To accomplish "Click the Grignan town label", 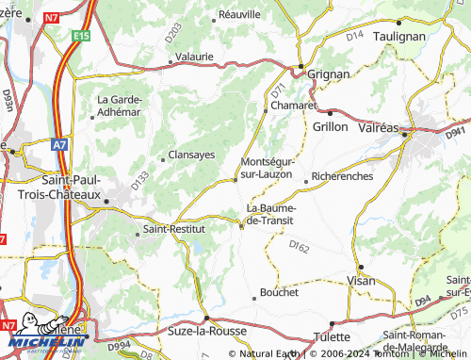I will click(x=329, y=74).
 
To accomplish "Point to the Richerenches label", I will click(x=342, y=176).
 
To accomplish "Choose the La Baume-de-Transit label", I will click(x=269, y=214).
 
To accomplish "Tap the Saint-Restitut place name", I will click(x=175, y=230).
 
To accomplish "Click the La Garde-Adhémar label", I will click(x=120, y=106).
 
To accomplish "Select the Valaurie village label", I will click(x=194, y=57).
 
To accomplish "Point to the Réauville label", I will click(x=239, y=15).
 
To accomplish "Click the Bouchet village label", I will click(x=279, y=292).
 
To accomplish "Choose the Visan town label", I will click(x=361, y=281).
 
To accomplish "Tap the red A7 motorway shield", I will click(x=59, y=145).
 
